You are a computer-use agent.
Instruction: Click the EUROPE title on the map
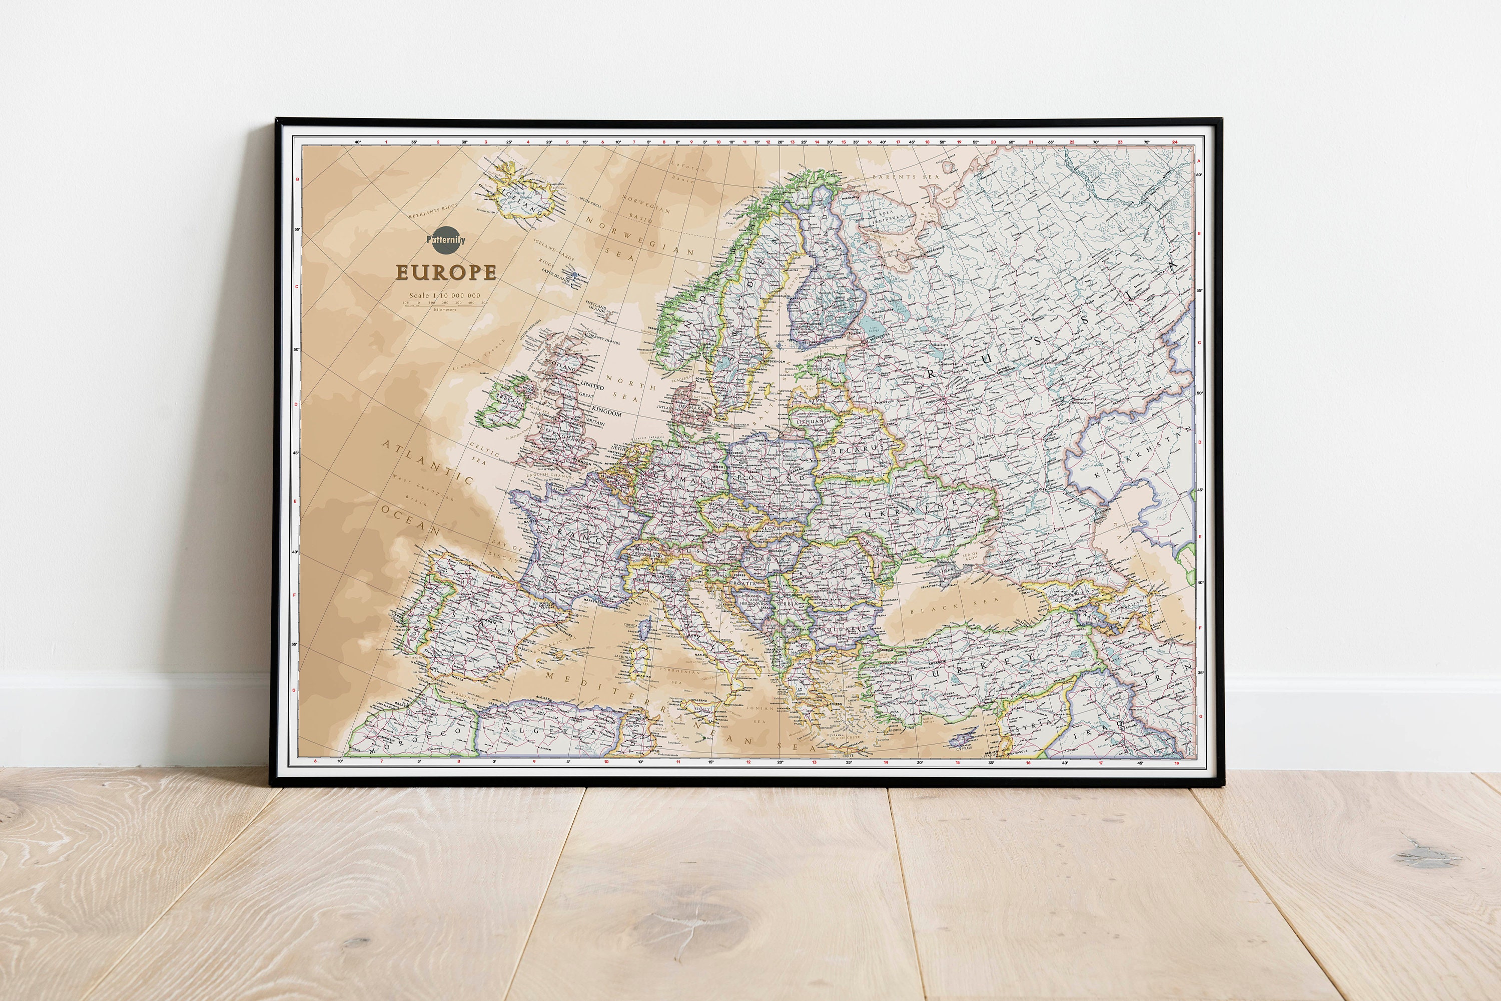click(446, 272)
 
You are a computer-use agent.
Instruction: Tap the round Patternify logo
click(446, 240)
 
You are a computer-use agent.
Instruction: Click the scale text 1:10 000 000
click(445, 295)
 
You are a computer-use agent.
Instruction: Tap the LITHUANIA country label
click(814, 421)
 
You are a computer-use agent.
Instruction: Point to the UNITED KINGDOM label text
click(592, 386)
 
